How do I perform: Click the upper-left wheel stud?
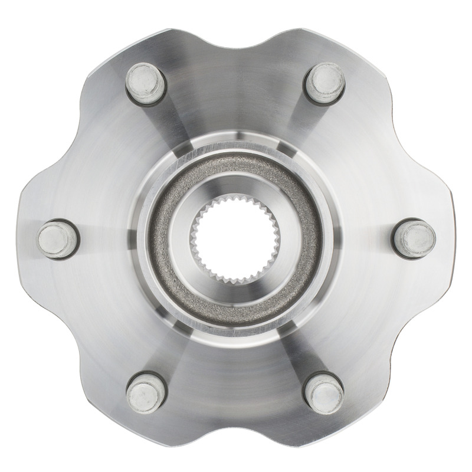[145, 81]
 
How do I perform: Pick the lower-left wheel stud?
[145, 391]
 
